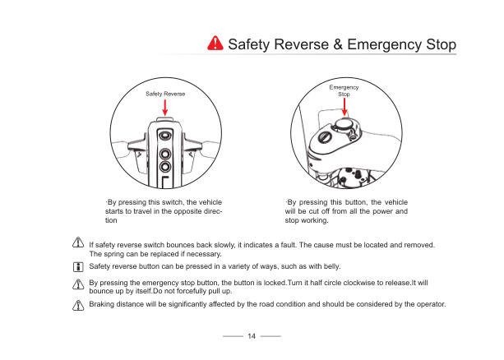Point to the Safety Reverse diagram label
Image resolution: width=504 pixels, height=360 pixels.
coord(165,95)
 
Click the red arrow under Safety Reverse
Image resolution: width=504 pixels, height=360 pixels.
coord(165,108)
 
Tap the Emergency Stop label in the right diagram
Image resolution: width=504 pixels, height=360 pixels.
coord(344,90)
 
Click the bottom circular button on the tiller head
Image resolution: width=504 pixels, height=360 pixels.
coord(166,154)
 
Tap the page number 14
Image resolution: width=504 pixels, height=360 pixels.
coord(252,336)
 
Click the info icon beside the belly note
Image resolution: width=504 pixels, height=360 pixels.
coord(79,267)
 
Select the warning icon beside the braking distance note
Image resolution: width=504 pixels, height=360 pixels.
coord(79,304)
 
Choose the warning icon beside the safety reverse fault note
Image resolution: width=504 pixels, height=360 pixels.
coord(79,243)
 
